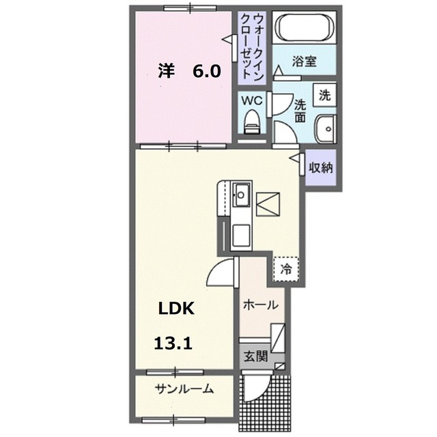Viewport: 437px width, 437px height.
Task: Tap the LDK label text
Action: pos(177,308)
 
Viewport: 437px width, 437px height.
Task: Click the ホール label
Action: pos(260,305)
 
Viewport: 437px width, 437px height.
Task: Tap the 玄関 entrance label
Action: pos(254,356)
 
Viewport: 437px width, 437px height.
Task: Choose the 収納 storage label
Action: pos(320,167)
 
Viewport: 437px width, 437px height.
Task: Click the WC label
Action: pos(253,100)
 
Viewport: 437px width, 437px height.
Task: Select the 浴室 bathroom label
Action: pos(305,61)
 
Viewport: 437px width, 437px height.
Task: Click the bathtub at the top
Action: pos(305,29)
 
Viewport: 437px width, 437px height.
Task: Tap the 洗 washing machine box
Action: pos(325,95)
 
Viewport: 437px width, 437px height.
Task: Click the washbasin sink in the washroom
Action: pos(325,127)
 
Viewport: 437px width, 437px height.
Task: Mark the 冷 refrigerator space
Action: pos(286,268)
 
